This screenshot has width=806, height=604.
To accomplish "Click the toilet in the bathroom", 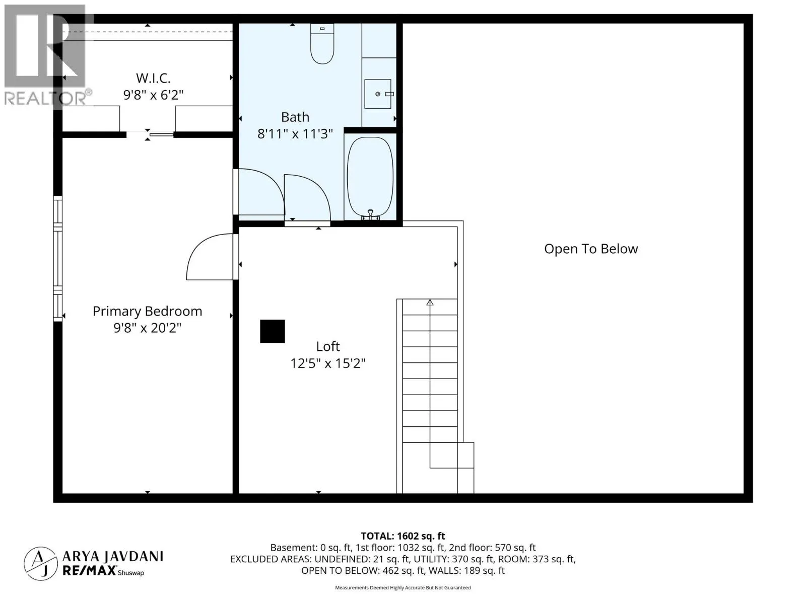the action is tap(322, 44).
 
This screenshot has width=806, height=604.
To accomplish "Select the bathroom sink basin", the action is tap(378, 94).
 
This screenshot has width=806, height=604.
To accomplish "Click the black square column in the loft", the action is tap(273, 331).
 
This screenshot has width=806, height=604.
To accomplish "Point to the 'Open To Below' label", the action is tap(591, 249).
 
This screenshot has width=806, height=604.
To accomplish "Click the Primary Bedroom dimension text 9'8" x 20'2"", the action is tap(147, 328).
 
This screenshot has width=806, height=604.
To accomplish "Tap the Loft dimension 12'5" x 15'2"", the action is tap(328, 363).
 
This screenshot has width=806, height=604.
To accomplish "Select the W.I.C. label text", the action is tap(153, 78).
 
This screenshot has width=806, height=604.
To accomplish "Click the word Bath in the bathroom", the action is tap(295, 117).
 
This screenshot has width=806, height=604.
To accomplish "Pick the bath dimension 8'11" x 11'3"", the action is tap(295, 134).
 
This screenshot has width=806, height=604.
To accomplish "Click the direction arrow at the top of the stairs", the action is tap(430, 302).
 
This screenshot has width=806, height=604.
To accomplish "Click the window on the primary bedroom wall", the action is tap(57, 259).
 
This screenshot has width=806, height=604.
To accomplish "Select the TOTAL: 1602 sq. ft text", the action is tap(403, 536).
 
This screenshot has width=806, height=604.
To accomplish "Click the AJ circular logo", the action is tap(41, 564).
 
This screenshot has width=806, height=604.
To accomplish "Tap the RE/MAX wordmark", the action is tap(90, 571).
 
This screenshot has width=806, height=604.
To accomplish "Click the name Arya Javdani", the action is tap(113, 556).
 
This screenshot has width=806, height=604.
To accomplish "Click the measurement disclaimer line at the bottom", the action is tap(403, 587).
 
